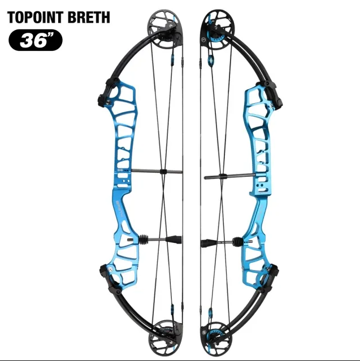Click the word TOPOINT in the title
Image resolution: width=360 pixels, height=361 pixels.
click(x=35, y=18)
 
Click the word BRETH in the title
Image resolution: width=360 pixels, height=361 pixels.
click(x=89, y=18)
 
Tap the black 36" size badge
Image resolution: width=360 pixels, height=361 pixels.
click(x=36, y=40)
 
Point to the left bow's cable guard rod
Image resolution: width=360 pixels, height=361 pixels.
click(x=157, y=171)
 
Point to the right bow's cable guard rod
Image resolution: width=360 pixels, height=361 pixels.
click(x=230, y=176)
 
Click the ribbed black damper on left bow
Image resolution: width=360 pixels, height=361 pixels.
click(x=143, y=240)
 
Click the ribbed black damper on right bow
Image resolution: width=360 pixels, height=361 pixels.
click(x=237, y=242)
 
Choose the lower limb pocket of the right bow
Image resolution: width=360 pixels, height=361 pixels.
click(x=268, y=278)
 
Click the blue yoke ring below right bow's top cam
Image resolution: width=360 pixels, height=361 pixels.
click(x=211, y=60)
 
